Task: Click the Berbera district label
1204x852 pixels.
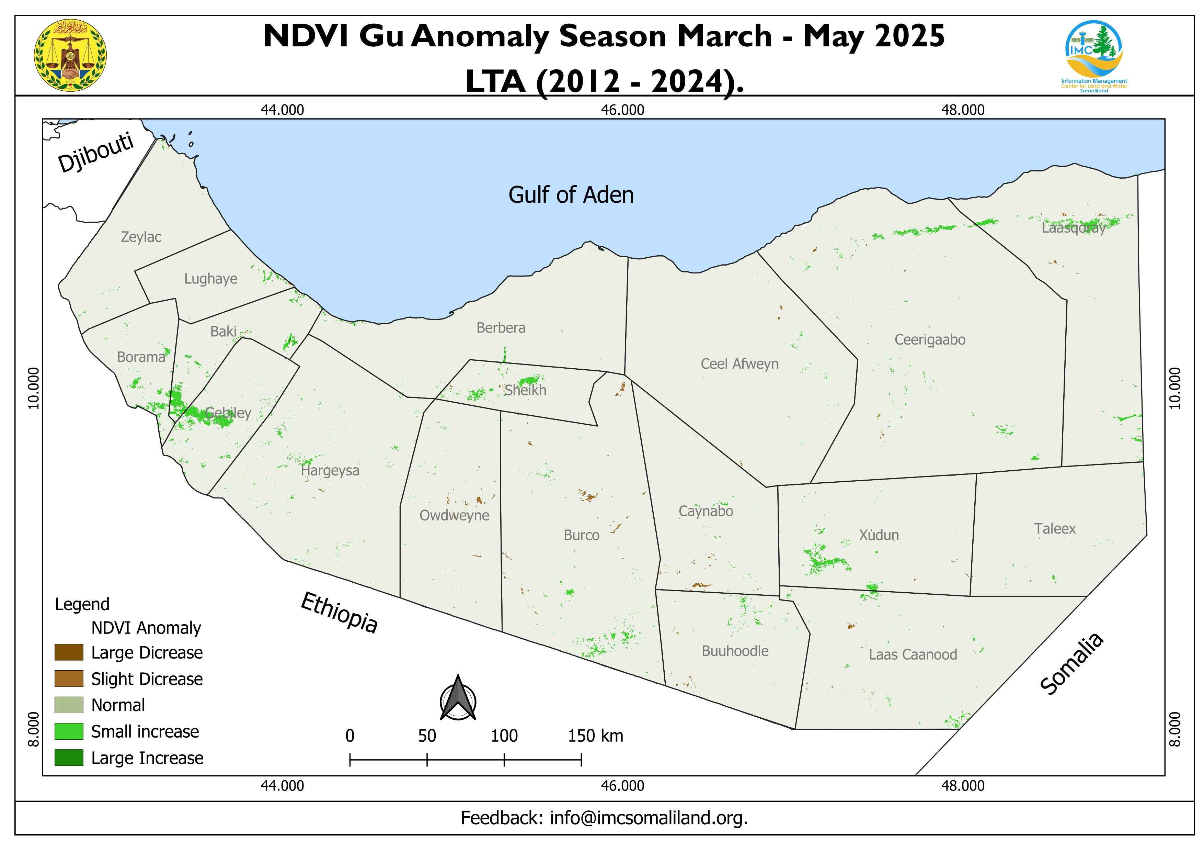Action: [x=501, y=328]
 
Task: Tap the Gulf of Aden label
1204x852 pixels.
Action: [x=571, y=195]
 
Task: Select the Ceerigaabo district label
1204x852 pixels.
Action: [x=930, y=339]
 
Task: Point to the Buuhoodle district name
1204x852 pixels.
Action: [x=735, y=651]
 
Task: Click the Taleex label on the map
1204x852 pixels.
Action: [x=1055, y=528]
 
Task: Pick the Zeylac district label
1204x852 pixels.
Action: [x=141, y=237]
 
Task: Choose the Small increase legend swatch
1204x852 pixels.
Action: [x=69, y=731]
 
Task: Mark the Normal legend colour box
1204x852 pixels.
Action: [x=69, y=705]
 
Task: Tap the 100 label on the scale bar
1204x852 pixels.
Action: [x=504, y=736]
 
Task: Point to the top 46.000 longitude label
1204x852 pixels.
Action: [x=622, y=110]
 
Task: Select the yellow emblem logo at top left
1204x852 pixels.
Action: [x=70, y=55]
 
